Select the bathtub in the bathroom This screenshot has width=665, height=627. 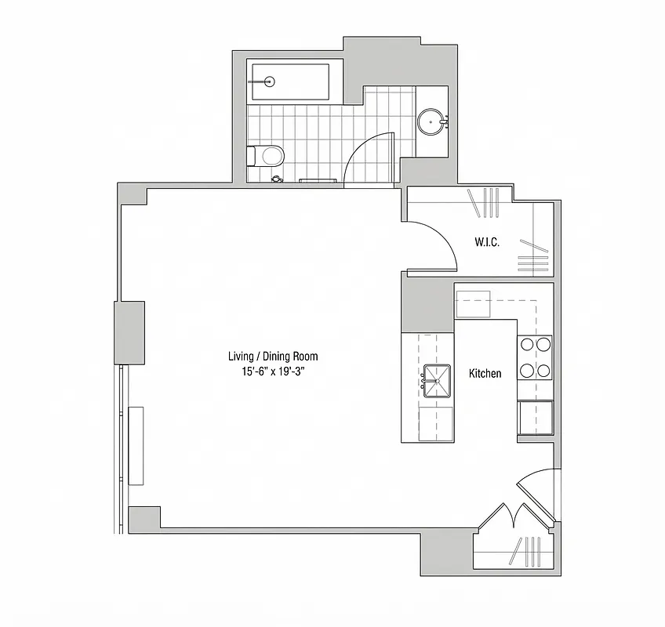[289, 82]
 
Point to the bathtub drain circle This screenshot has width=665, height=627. [269, 81]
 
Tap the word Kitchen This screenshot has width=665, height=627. [485, 374]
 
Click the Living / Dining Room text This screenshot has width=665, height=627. [273, 357]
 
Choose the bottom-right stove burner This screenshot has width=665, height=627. [543, 370]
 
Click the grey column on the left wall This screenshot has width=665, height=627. [130, 332]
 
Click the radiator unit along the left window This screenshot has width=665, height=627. [137, 445]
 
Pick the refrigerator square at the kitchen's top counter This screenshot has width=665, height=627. [474, 303]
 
